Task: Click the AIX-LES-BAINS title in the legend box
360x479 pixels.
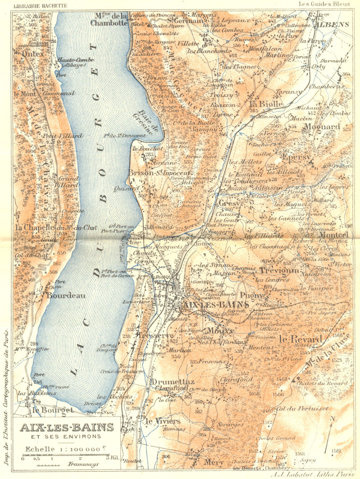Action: (x=67, y=428)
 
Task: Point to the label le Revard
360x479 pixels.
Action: (x=300, y=339)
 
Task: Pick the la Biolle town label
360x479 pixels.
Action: (x=266, y=104)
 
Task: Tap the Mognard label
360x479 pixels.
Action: (x=322, y=127)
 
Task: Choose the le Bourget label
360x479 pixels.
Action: (x=53, y=410)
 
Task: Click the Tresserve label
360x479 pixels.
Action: (x=151, y=335)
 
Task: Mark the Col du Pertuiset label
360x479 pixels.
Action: (x=302, y=409)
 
